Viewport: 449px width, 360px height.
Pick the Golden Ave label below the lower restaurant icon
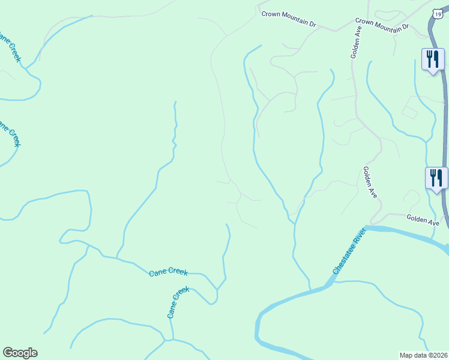(423, 220)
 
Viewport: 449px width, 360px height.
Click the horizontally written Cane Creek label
(168, 272)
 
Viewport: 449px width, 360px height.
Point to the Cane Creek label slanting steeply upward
(178, 302)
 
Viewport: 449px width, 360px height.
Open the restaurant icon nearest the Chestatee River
(436, 178)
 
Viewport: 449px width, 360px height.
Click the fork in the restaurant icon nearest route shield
(429, 58)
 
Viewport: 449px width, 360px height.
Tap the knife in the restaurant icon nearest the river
(440, 177)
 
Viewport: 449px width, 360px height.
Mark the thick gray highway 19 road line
(446, 120)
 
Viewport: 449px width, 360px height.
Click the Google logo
(20, 353)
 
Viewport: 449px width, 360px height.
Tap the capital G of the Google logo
(7, 353)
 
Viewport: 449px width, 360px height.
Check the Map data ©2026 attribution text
(423, 355)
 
